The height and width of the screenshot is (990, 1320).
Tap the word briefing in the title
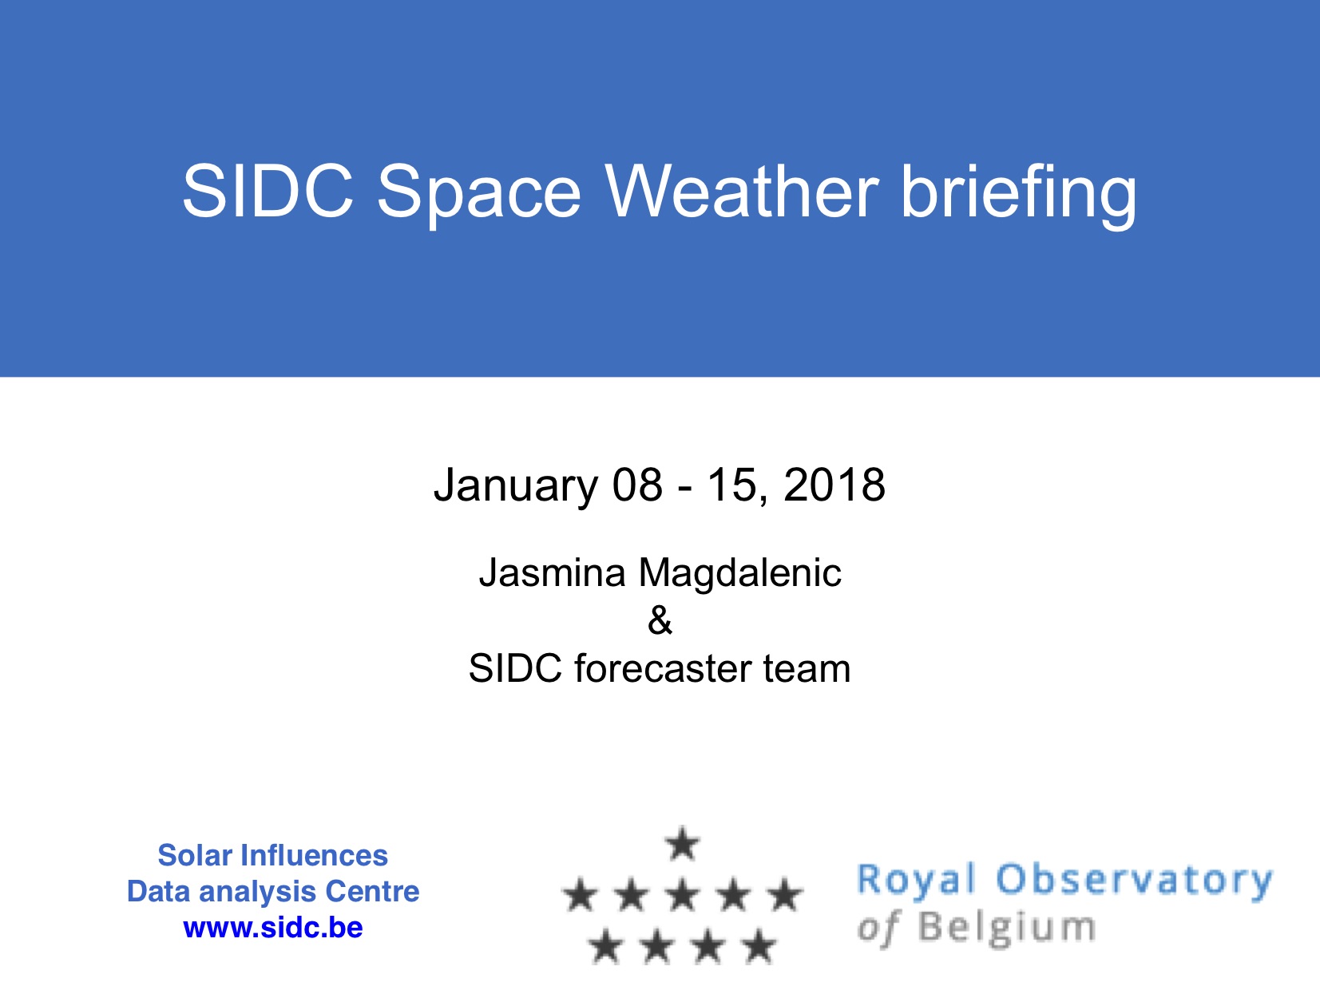[1018, 196]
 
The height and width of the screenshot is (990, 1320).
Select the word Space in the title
[478, 196]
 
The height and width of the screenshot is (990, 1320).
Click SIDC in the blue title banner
[268, 191]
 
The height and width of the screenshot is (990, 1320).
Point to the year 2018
[834, 484]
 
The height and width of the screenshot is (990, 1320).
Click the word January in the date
[516, 486]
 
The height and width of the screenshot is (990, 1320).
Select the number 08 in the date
[637, 484]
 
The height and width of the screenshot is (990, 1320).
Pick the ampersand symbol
[660, 620]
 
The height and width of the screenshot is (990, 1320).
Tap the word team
[807, 667]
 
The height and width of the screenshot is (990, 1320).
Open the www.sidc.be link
[273, 928]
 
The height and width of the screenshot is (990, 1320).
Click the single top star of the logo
[682, 843]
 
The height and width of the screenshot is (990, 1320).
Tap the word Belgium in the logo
[1007, 929]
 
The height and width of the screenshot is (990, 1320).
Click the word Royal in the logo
[914, 881]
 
